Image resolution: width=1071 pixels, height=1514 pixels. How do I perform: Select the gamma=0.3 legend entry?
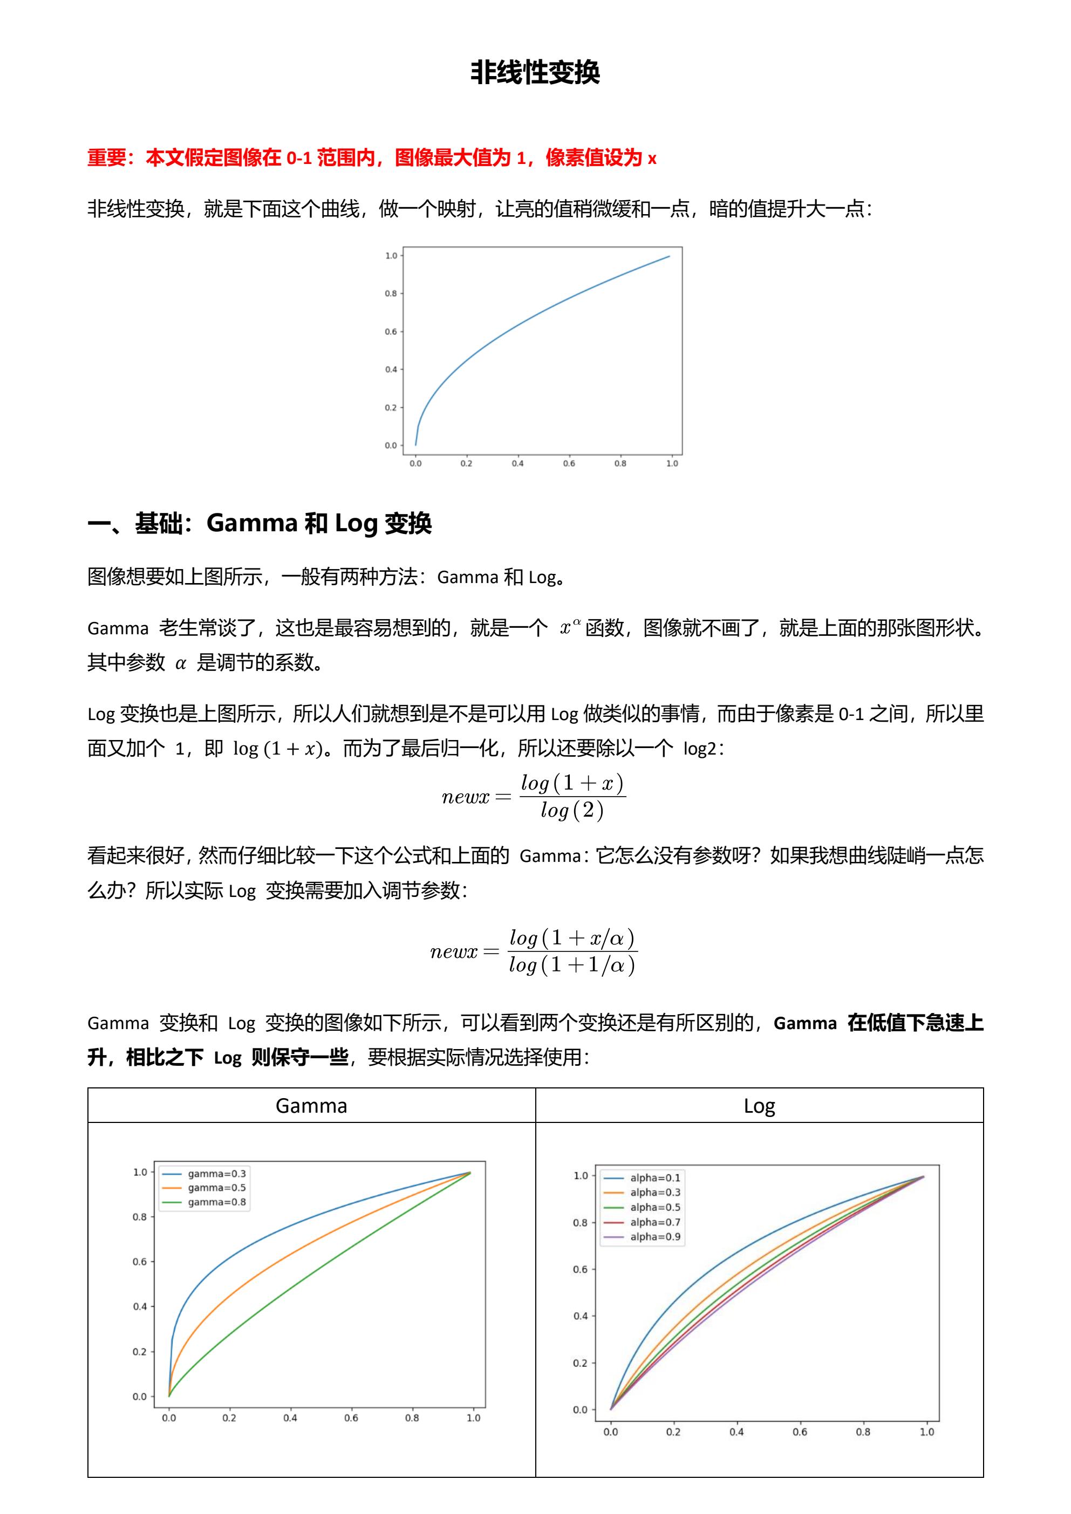(x=216, y=1174)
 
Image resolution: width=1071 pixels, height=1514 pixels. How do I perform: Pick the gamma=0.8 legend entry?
(x=216, y=1202)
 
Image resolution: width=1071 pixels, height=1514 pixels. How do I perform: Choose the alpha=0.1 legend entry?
(x=655, y=1177)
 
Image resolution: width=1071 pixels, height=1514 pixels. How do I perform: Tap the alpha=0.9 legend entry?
(x=655, y=1237)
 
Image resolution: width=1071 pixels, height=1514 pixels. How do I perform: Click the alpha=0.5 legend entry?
(x=655, y=1208)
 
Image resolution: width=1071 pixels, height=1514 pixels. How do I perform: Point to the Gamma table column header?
(x=311, y=1106)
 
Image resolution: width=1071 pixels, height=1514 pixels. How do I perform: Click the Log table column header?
(x=759, y=1106)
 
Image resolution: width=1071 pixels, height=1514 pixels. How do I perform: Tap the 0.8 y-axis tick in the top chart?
(x=391, y=293)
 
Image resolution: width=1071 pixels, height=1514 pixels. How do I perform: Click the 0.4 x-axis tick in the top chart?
(x=517, y=463)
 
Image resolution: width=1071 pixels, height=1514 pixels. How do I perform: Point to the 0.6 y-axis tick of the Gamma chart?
(x=140, y=1262)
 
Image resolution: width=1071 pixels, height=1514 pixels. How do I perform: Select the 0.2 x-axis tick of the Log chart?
(x=673, y=1431)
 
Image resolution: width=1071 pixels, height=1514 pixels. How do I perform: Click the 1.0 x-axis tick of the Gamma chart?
(x=474, y=1418)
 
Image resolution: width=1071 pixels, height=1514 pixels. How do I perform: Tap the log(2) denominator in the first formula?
(x=572, y=811)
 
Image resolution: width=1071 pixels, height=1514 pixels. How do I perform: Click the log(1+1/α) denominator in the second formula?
(x=572, y=965)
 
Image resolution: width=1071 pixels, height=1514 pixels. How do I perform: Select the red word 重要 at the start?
(x=106, y=158)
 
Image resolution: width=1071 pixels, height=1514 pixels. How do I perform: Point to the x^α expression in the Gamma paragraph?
(x=570, y=627)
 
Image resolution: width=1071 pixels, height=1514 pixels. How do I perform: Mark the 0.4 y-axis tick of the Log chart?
(x=579, y=1316)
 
